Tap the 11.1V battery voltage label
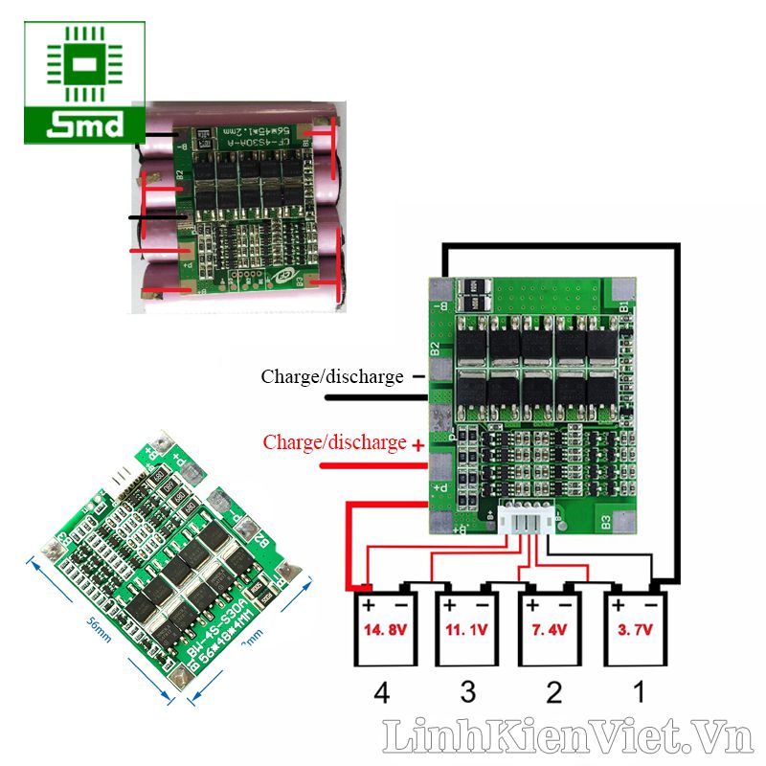tap(465, 631)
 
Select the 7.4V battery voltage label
tap(548, 631)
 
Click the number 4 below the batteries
tap(383, 692)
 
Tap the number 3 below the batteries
tap(466, 692)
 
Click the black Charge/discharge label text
tap(332, 377)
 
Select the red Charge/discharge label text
tap(334, 443)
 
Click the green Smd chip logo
tap(84, 82)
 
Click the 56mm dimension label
tap(91, 628)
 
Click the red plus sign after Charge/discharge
tap(417, 444)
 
